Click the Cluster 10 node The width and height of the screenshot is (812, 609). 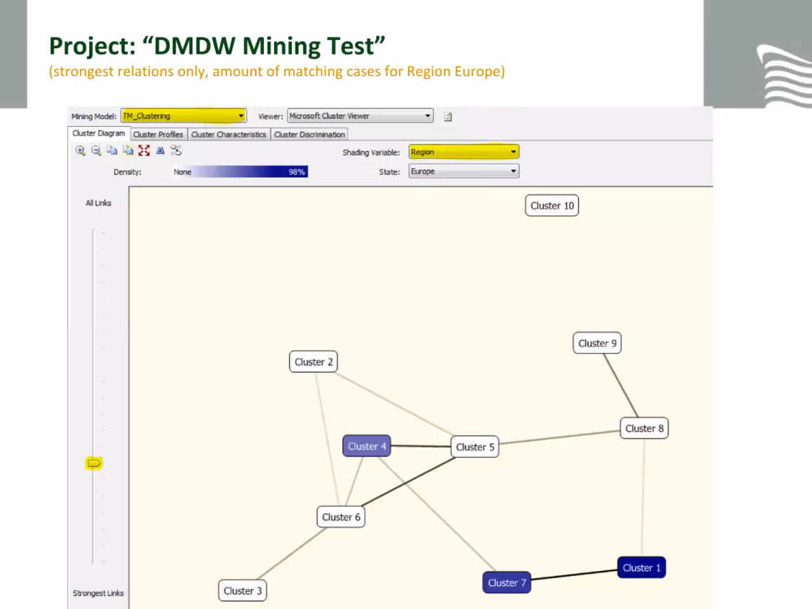[551, 206]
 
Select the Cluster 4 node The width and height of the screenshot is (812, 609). [367, 446]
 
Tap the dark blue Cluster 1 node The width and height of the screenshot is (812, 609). [641, 568]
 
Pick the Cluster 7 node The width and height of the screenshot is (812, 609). [507, 583]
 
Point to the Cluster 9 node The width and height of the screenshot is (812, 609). [597, 343]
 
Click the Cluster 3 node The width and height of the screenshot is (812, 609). [243, 591]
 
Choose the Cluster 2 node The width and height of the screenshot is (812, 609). [313, 362]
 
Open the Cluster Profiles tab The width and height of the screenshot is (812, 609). [159, 134]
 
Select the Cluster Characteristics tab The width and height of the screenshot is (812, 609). [228, 134]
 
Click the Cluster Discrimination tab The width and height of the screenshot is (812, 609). [310, 134]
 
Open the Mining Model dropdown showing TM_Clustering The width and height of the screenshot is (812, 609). [183, 115]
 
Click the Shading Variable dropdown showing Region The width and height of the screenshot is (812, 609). [464, 152]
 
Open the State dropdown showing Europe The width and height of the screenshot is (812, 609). [464, 171]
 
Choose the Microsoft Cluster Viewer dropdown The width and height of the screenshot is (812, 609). [360, 115]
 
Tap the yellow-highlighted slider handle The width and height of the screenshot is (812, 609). [94, 463]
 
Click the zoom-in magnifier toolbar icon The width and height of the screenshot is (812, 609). [81, 150]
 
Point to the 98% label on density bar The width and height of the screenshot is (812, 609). [297, 172]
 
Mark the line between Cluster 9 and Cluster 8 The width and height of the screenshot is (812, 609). [621, 386]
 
